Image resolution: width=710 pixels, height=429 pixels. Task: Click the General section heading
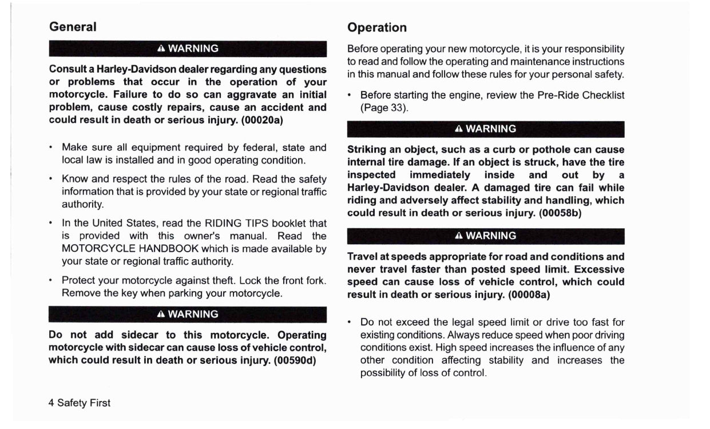coord(73,27)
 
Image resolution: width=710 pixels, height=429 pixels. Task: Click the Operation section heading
coord(377,27)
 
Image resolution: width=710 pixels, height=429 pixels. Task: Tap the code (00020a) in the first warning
coord(262,120)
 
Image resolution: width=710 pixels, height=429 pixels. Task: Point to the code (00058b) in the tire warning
coord(560,213)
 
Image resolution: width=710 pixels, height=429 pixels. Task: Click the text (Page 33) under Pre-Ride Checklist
coord(383,108)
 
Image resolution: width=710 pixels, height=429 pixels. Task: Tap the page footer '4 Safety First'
coord(80,403)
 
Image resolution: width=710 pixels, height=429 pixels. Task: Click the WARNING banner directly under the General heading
coord(188,49)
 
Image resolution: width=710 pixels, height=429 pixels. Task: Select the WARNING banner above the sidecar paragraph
coord(188,314)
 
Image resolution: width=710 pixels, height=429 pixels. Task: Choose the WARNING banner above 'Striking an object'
coord(486,129)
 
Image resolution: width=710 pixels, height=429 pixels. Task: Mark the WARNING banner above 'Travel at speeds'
coord(486,236)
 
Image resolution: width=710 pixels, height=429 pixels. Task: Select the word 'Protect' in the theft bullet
coord(79,280)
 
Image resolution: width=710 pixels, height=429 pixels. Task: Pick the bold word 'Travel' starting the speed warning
coord(364,257)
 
